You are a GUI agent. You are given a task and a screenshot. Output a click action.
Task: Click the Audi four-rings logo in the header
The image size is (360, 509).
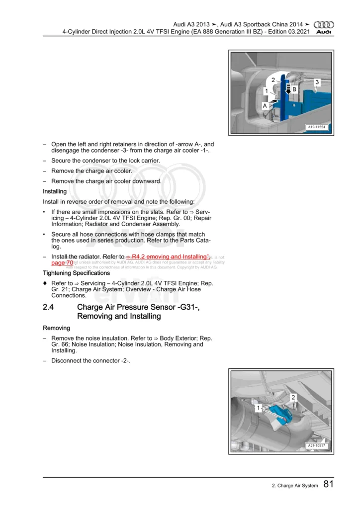(325, 24)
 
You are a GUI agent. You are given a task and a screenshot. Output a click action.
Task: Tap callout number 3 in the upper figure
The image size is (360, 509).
(317, 82)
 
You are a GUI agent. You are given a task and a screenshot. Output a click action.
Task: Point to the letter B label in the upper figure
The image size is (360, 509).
(294, 88)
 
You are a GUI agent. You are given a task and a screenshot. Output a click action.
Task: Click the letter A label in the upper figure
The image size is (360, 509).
(265, 106)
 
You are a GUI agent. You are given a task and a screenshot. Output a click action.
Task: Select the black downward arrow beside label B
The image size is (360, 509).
(287, 89)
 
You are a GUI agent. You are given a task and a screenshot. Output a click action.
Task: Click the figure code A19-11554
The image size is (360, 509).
(316, 127)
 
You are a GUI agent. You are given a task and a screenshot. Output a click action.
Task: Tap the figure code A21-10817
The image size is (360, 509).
(316, 446)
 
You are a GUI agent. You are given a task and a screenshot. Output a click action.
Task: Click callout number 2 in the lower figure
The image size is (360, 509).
(293, 397)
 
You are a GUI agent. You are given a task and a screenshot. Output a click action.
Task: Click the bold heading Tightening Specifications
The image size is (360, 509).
(76, 273)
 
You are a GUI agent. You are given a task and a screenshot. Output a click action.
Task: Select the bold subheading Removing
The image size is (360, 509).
(56, 328)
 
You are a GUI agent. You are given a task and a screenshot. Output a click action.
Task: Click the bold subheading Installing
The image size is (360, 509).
(55, 191)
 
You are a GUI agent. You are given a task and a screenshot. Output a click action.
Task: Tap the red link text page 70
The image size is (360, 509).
(62, 262)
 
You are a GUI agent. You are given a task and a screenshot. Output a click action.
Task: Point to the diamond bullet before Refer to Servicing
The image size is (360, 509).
(45, 282)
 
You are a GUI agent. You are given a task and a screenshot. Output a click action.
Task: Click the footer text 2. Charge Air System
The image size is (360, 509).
(288, 486)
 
